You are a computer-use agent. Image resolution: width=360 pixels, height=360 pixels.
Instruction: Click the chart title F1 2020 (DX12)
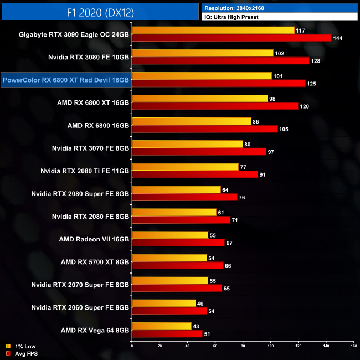coord(100,11)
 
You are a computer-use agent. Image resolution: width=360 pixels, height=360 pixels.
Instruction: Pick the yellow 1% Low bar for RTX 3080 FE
coord(203,53)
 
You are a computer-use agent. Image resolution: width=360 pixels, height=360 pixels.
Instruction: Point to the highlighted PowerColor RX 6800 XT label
coord(66,80)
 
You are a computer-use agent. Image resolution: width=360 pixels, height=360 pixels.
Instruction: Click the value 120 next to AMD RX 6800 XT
coord(304,106)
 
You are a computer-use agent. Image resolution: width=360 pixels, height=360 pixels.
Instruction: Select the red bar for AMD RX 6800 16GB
coord(205,129)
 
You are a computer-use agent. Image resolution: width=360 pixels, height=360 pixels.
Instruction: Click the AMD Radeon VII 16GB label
coord(94,239)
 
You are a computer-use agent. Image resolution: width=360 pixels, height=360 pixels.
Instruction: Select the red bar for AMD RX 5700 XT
coord(178,265)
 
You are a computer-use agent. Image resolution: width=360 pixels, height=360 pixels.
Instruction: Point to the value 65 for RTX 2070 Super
coord(228,288)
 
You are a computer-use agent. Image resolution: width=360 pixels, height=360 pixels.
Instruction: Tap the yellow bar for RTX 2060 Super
coord(164,303)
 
